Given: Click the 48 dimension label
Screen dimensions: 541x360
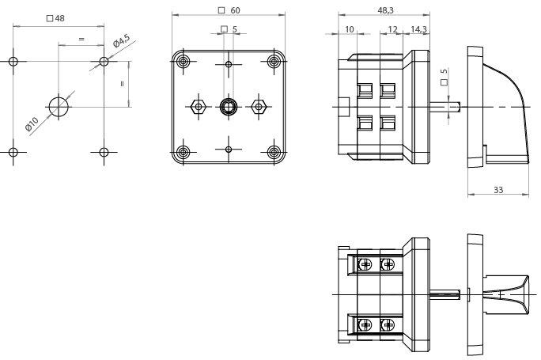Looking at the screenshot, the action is [x=55, y=18].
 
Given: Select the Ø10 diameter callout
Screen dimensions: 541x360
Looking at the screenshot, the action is [x=32, y=124].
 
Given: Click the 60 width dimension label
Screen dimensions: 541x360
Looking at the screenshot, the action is [x=229, y=10].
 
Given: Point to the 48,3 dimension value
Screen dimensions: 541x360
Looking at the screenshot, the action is [x=385, y=10].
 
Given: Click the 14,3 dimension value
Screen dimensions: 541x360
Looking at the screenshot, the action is [x=418, y=30].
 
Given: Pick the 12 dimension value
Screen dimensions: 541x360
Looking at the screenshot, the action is [x=392, y=30].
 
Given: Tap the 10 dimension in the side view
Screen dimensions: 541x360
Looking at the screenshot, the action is [x=350, y=30].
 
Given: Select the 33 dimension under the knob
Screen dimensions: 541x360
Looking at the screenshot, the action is [x=498, y=190].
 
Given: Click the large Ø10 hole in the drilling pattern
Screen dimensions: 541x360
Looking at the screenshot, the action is [x=59, y=107].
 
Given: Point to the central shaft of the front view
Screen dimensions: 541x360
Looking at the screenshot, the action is [x=229, y=107].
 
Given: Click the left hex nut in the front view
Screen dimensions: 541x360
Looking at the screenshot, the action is [x=199, y=107].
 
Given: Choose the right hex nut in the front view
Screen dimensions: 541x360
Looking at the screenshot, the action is [x=259, y=107].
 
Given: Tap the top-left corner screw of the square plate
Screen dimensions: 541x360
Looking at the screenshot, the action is [x=183, y=63].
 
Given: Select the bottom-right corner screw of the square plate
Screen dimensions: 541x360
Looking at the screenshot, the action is [x=274, y=152].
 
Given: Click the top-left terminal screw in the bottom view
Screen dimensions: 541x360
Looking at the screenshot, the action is [x=365, y=265].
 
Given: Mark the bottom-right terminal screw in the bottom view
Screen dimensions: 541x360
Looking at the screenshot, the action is [x=388, y=324].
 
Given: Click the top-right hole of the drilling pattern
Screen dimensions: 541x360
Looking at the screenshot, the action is [x=104, y=62].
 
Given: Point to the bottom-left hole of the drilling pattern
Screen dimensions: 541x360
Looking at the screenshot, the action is [x=13, y=152].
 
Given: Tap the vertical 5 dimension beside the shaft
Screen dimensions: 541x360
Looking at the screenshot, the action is [x=445, y=76].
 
